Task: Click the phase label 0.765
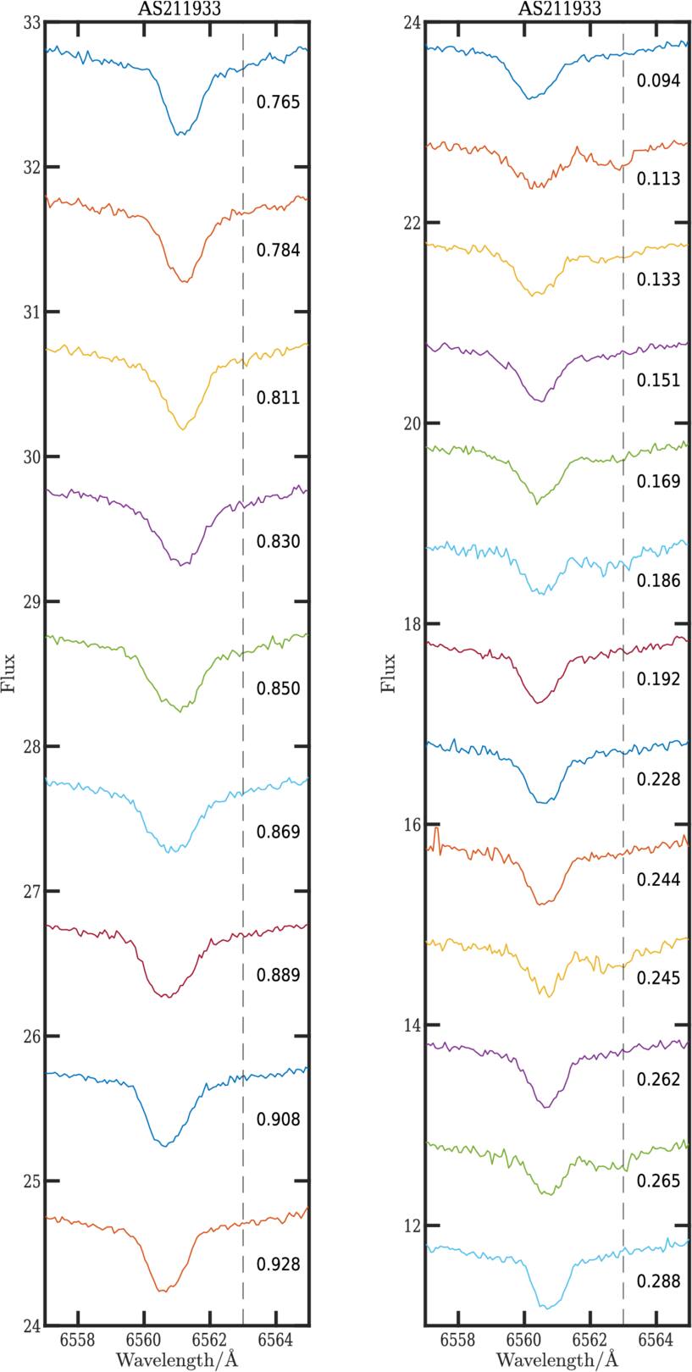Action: [x=278, y=103]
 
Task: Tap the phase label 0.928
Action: [x=278, y=1265]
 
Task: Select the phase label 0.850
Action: [x=278, y=689]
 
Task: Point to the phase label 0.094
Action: [x=658, y=81]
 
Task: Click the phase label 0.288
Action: [x=658, y=1282]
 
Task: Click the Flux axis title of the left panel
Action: [x=10, y=673]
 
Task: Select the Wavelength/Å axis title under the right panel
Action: [x=557, y=1361]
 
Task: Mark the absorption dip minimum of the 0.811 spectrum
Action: [x=181, y=429]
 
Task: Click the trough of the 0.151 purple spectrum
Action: [x=540, y=400]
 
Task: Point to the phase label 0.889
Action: [x=278, y=976]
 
